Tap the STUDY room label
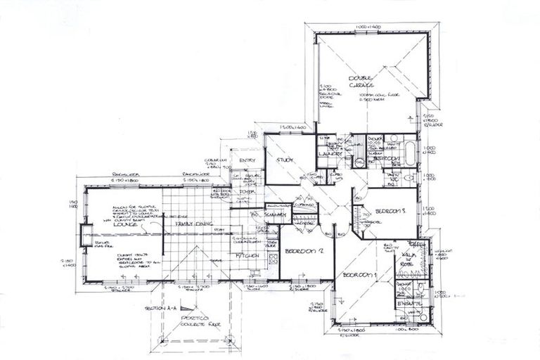(x=284, y=160)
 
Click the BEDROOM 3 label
(x=389, y=210)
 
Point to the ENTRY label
(x=247, y=160)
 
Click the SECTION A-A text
(x=158, y=309)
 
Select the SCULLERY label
(x=275, y=214)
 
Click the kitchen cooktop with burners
(x=273, y=258)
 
